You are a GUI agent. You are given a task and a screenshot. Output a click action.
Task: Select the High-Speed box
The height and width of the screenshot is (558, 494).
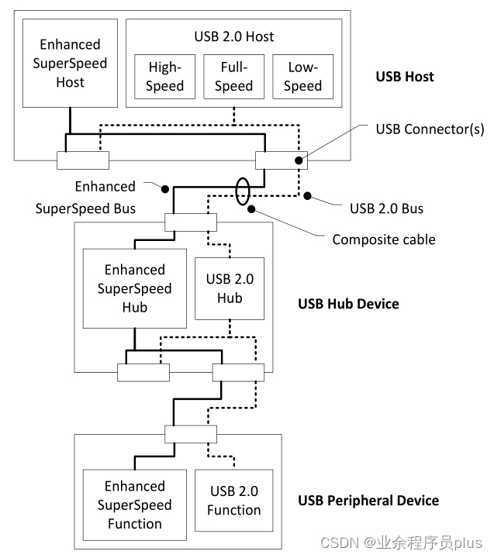pyautogui.click(x=164, y=76)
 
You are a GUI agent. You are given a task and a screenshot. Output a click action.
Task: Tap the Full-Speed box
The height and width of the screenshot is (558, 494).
pyautogui.click(x=233, y=76)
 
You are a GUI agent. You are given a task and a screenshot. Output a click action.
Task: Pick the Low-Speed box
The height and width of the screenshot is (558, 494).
pyautogui.click(x=302, y=76)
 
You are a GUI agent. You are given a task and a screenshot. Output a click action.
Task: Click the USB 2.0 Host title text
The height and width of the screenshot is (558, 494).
pyautogui.click(x=233, y=36)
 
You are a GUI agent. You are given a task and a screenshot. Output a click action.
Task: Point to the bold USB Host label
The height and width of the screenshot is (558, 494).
pyautogui.click(x=404, y=77)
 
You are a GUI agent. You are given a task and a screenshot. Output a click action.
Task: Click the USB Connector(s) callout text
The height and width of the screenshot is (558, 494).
pyautogui.click(x=430, y=129)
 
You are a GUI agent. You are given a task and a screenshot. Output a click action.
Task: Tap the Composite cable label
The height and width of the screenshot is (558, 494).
pyautogui.click(x=384, y=239)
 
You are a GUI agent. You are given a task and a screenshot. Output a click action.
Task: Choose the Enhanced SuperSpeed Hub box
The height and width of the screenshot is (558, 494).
pyautogui.click(x=135, y=288)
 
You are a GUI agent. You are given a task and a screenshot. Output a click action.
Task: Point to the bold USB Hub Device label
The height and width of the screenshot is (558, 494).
pyautogui.click(x=348, y=303)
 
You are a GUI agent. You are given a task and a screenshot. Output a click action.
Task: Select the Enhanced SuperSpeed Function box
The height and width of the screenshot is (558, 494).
pyautogui.click(x=135, y=505)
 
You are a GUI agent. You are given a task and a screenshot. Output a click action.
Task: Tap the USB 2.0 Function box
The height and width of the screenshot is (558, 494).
pyautogui.click(x=233, y=500)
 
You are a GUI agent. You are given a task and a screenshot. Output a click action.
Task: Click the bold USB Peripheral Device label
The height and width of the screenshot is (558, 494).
pyautogui.click(x=368, y=500)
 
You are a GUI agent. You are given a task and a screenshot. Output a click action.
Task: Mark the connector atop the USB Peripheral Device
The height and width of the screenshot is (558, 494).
pyautogui.click(x=190, y=434)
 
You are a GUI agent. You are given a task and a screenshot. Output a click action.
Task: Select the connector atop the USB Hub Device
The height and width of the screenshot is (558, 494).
pyautogui.click(x=190, y=223)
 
